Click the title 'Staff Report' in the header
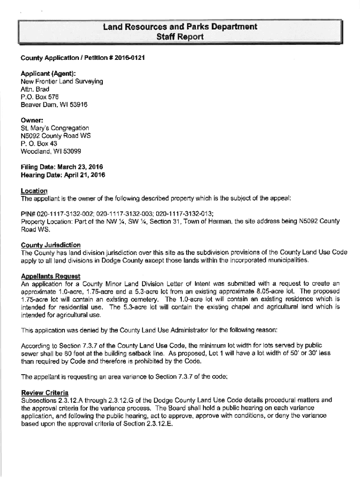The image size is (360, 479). [180, 36]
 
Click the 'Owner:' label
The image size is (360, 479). [32, 120]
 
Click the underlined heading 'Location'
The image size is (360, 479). [34, 190]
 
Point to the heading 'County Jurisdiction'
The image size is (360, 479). [50, 245]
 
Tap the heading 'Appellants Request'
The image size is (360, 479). [50, 276]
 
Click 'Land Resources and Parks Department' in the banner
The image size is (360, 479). [180, 27]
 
